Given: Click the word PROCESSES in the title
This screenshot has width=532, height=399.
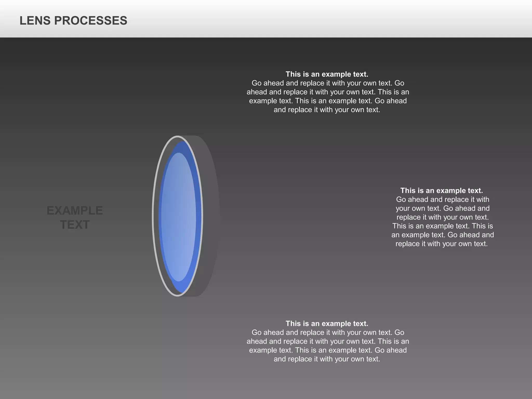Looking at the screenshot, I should (x=91, y=21).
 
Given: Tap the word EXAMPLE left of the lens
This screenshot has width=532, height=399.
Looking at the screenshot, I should (x=75, y=211).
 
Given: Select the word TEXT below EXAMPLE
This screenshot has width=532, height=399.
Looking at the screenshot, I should (x=75, y=225).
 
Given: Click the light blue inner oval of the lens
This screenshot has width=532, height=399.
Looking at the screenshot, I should (x=178, y=217).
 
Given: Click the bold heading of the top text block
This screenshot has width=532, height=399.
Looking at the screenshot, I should (x=327, y=74).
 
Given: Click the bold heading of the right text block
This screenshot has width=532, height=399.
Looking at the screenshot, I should (x=442, y=191).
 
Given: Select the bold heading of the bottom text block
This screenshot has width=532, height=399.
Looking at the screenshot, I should (x=327, y=324).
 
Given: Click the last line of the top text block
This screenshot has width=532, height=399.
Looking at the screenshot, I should (x=327, y=110).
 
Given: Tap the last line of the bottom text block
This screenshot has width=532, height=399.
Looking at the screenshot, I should (x=327, y=359).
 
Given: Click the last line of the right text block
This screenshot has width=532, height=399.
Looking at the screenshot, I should (x=442, y=244).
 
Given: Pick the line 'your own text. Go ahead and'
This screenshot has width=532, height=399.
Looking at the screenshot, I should (x=443, y=208).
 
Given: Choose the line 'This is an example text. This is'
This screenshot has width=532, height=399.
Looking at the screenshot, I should (x=443, y=226).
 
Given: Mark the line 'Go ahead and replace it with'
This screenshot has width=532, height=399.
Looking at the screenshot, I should (x=443, y=199).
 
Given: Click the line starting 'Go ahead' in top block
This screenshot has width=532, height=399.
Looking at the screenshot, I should (x=328, y=83).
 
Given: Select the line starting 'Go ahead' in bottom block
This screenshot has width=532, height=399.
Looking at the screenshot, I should (x=328, y=332).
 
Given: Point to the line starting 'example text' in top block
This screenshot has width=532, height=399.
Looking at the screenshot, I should (x=328, y=101).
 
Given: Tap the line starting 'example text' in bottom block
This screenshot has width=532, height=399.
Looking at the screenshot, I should (x=328, y=350).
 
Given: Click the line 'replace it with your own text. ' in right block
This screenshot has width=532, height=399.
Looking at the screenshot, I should (x=443, y=217).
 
